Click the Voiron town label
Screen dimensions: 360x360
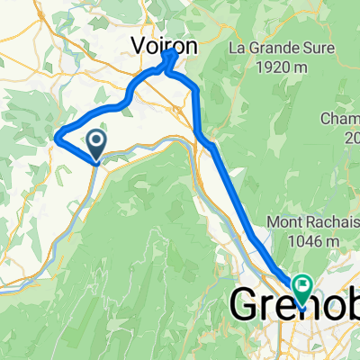click(165, 42)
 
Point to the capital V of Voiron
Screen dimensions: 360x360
click(139, 42)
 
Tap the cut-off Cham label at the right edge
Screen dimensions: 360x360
click(340, 119)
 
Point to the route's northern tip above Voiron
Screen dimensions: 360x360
click(174, 54)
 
